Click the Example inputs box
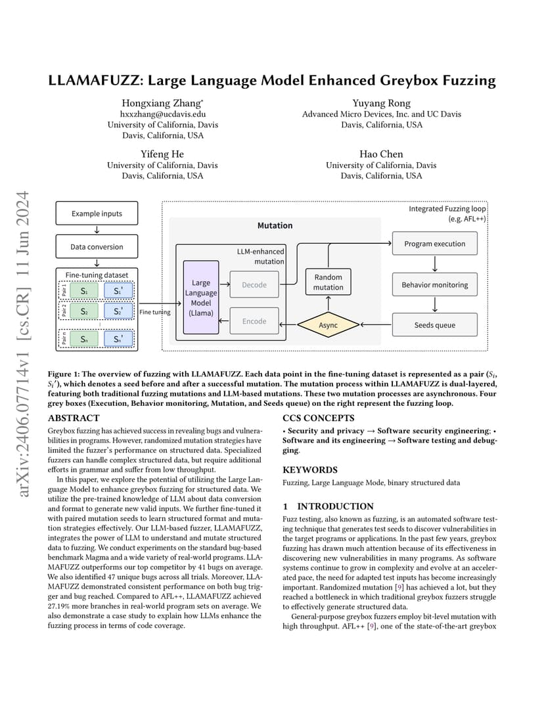tap(97, 213)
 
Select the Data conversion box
tap(97, 246)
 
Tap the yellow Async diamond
tap(329, 324)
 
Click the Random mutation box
tap(329, 282)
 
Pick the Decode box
tap(254, 284)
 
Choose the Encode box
tap(254, 321)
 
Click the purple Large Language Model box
tap(201, 297)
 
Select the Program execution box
tap(435, 244)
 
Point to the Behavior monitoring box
tap(435, 284)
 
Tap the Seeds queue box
tap(435, 324)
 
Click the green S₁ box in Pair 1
tap(84, 290)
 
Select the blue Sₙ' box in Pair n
tap(118, 339)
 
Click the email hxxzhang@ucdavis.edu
tap(163, 114)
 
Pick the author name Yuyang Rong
tap(381, 103)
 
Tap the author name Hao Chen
tap(381, 154)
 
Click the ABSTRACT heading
tap(74, 418)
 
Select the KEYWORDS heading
tap(310, 470)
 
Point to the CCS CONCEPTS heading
tap(319, 418)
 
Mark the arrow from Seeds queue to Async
tap(376, 324)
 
